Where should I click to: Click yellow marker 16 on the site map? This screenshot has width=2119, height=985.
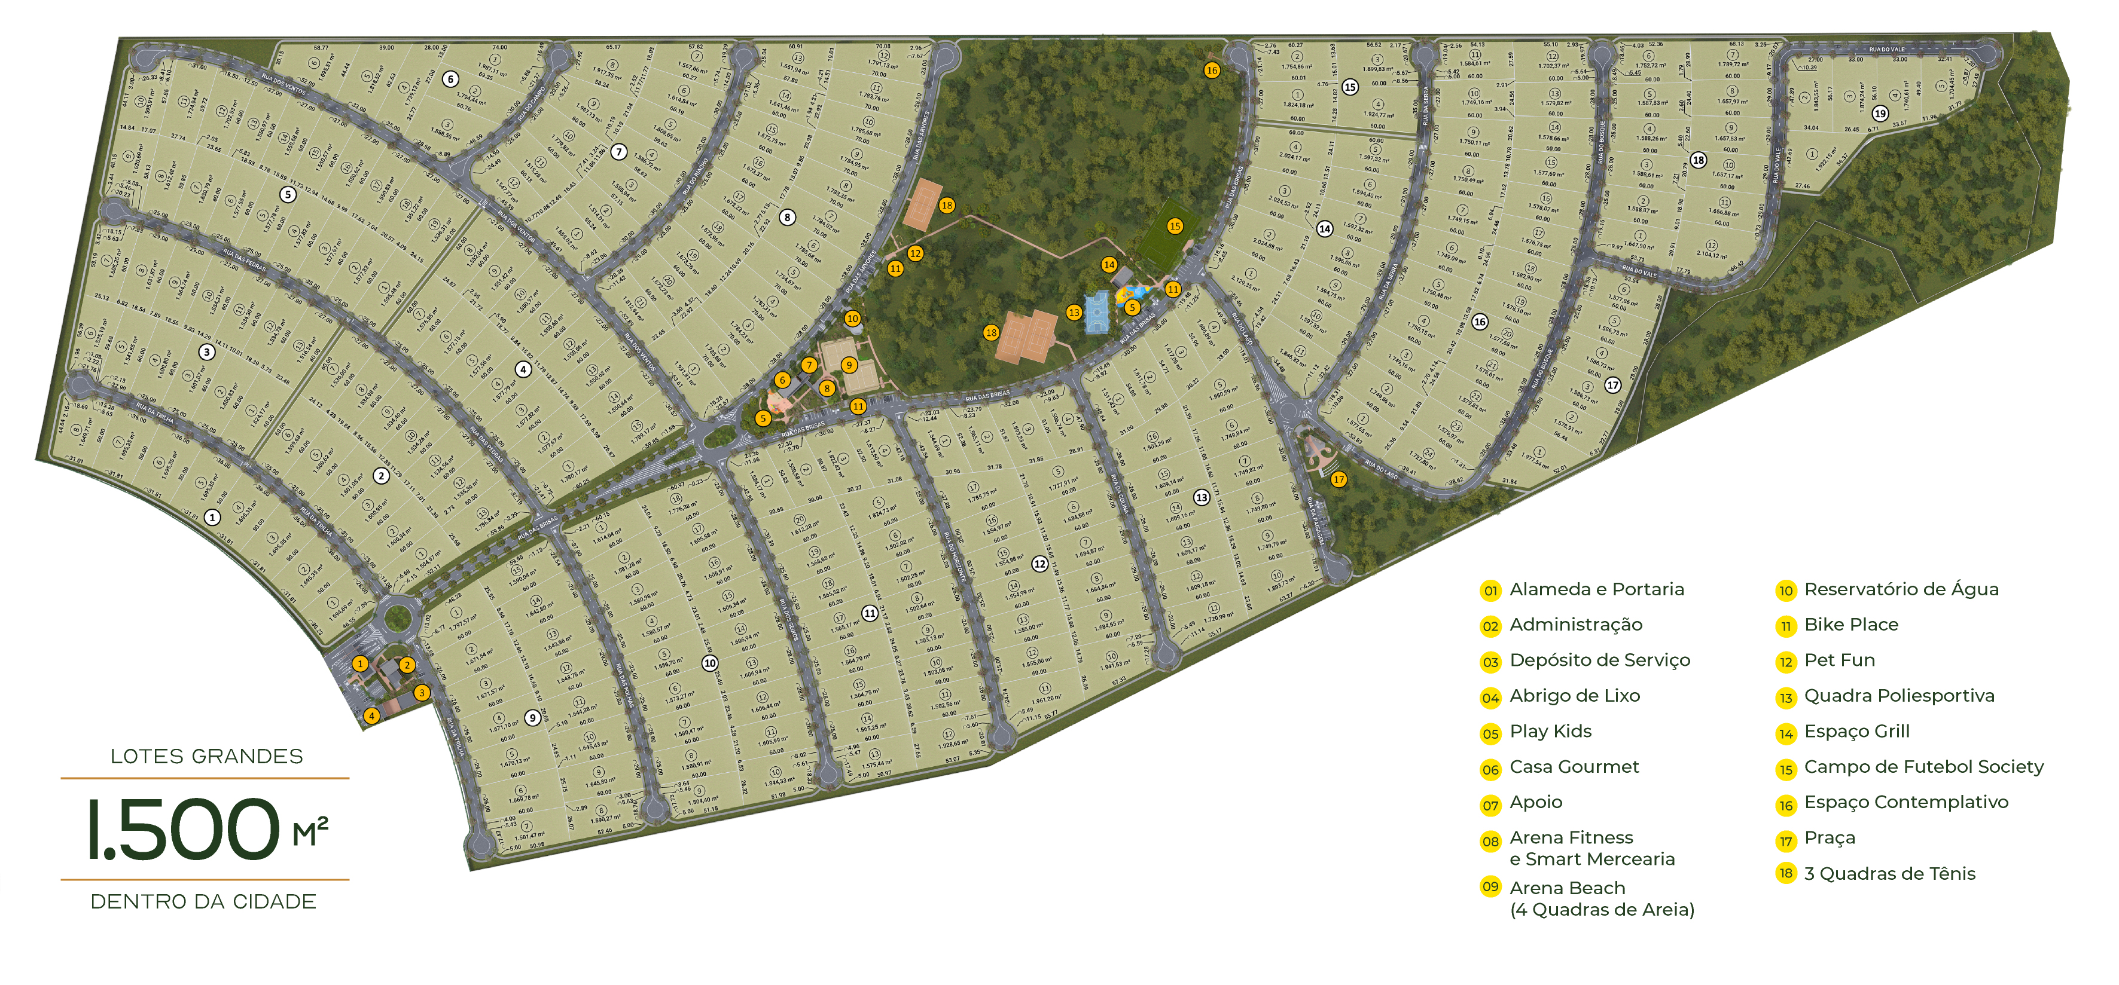1212,71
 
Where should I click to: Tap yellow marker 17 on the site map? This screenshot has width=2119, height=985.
1339,479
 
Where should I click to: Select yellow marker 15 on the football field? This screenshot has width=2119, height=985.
1175,226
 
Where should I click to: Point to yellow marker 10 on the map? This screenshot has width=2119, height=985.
852,318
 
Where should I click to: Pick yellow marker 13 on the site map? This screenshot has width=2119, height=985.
1074,313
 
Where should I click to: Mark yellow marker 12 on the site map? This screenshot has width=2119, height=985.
914,253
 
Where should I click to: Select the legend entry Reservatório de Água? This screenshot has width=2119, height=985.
1900,589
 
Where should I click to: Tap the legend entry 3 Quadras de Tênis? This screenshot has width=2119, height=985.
1889,874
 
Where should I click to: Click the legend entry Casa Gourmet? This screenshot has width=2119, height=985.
1574,767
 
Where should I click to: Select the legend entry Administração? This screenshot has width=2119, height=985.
1575,625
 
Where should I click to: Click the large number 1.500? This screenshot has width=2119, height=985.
184,830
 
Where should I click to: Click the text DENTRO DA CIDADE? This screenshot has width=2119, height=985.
203,902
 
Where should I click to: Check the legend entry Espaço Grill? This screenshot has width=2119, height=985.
1856,732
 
